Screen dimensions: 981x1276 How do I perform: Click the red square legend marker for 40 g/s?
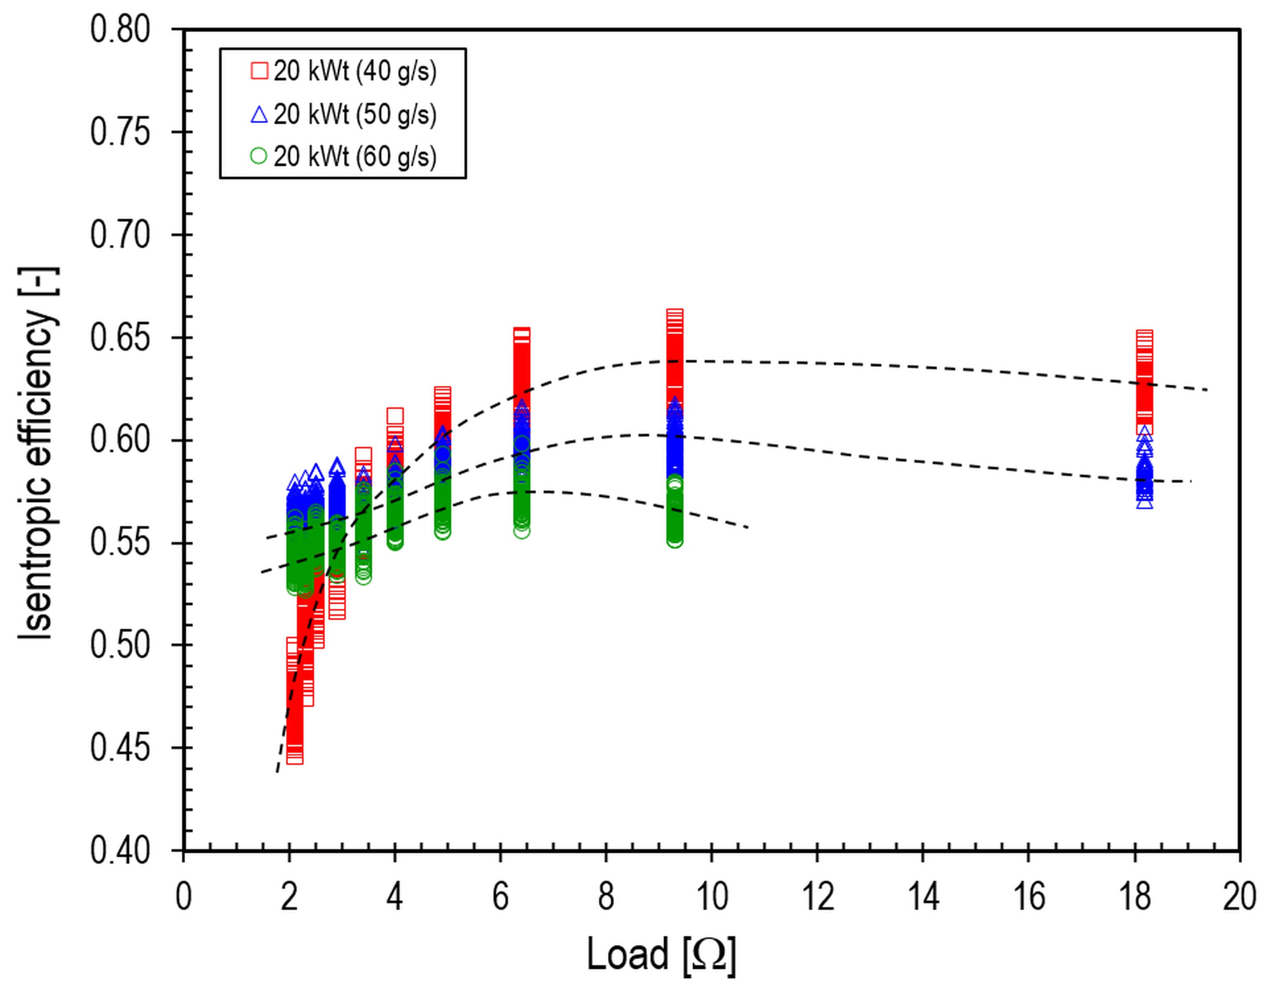259,71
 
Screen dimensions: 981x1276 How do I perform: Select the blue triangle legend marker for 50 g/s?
259,114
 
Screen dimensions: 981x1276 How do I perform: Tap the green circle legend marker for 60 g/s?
259,156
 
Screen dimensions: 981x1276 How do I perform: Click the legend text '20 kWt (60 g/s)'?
355,156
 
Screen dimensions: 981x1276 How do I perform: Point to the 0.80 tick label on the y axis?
120,29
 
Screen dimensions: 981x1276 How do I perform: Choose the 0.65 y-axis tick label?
120,337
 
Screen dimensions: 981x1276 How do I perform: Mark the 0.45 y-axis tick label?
120,748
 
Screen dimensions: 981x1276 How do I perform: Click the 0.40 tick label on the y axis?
120,851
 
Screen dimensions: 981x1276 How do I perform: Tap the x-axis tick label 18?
1135,896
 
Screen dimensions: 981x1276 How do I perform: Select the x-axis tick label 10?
712,896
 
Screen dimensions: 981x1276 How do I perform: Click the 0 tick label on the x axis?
184,896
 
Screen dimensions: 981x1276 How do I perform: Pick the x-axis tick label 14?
923,896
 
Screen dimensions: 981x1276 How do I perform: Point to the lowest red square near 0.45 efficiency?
295,757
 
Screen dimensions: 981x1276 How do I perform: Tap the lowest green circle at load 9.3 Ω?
675,541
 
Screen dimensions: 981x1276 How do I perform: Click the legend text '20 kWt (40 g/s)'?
355,72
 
